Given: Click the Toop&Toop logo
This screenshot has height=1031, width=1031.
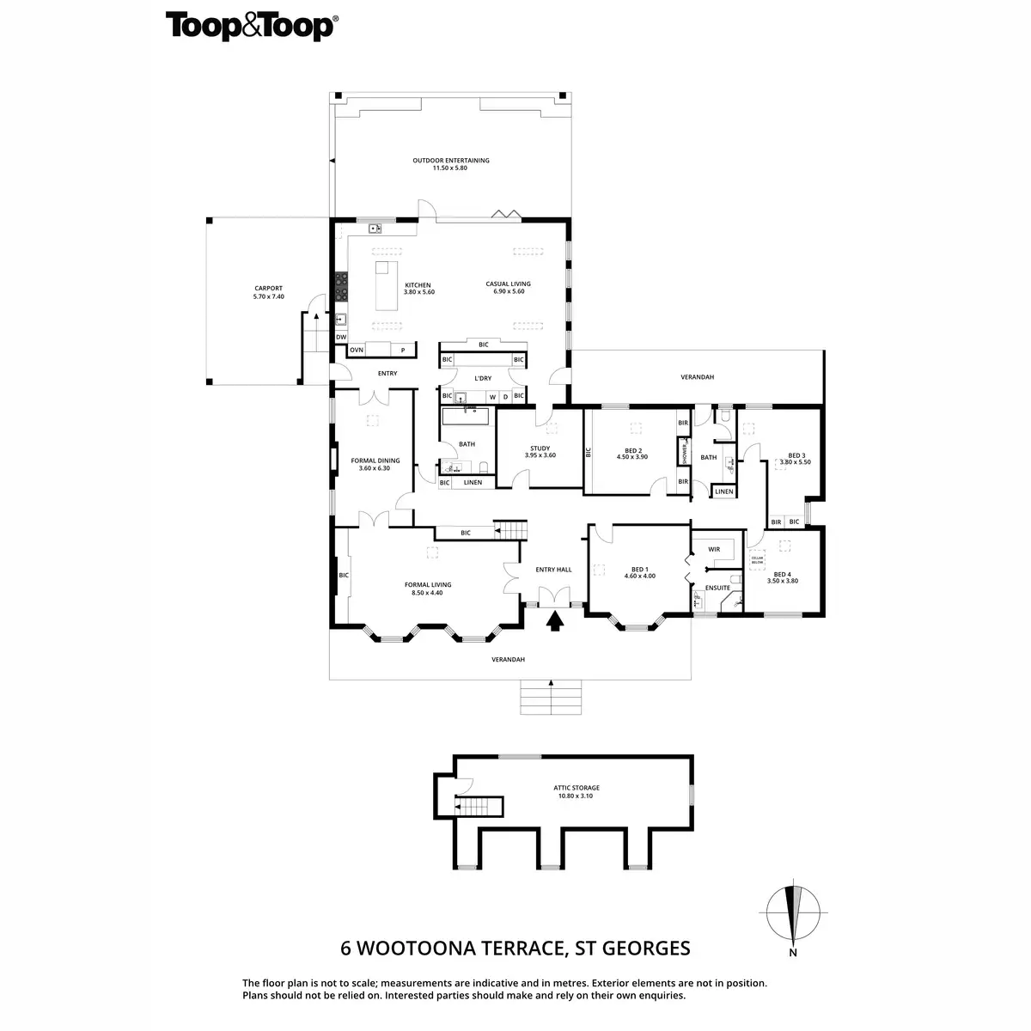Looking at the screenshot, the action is tap(250, 26).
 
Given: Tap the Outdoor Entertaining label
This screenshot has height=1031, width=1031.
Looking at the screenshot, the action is tap(450, 163).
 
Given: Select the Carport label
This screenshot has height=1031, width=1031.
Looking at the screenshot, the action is tap(268, 292).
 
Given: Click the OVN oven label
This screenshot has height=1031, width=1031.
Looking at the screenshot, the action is tap(357, 350).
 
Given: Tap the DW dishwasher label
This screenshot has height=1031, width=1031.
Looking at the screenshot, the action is tap(341, 337).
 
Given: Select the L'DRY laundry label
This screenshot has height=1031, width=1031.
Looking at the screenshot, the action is tap(483, 378).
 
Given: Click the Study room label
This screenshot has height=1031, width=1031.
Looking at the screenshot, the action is tap(540, 451).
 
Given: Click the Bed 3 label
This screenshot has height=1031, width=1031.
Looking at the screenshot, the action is tap(796, 459).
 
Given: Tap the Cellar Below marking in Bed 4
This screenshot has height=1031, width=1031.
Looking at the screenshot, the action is tap(757, 560).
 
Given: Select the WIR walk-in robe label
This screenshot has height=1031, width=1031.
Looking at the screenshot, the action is tap(713, 549).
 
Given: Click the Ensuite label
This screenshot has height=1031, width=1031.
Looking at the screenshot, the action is tap(717, 588).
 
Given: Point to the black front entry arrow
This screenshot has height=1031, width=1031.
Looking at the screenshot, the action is tap(554, 620).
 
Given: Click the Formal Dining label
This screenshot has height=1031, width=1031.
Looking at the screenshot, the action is tap(370, 464).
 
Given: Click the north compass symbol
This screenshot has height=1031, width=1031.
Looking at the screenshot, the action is tap(792, 915).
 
